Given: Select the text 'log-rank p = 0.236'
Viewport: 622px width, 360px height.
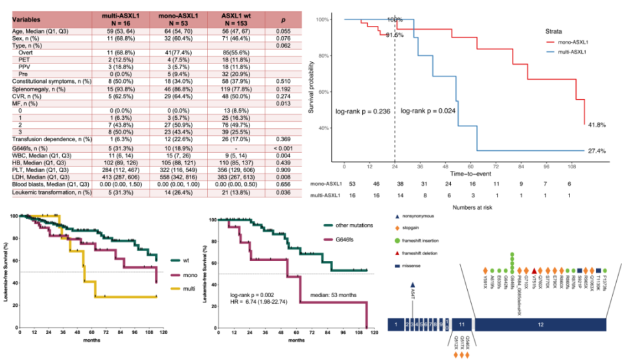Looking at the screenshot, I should [x=362, y=111].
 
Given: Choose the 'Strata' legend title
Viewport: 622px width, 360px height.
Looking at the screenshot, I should [x=555, y=30].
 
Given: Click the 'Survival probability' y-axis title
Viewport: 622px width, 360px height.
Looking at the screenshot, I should [x=312, y=87].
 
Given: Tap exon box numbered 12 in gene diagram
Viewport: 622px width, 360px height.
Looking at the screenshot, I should [x=538, y=324].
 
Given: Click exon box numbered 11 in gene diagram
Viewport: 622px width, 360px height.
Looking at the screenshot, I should [x=461, y=324].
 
